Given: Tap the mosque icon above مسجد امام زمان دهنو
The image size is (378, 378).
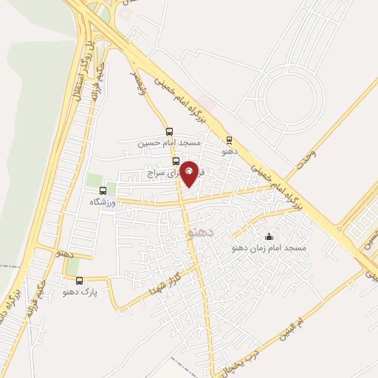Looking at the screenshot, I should pyautogui.click(x=268, y=236).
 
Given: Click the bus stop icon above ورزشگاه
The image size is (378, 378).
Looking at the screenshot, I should pyautogui.click(x=103, y=190).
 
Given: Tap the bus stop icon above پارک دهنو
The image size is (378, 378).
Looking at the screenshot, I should pyautogui.click(x=80, y=280).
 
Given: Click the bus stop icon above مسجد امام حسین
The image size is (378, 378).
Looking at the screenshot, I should pyautogui.click(x=169, y=130).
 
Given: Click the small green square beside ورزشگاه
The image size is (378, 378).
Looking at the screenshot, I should pyautogui.click(x=94, y=180).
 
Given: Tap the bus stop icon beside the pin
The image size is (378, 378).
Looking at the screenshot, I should pyautogui.click(x=176, y=160).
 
